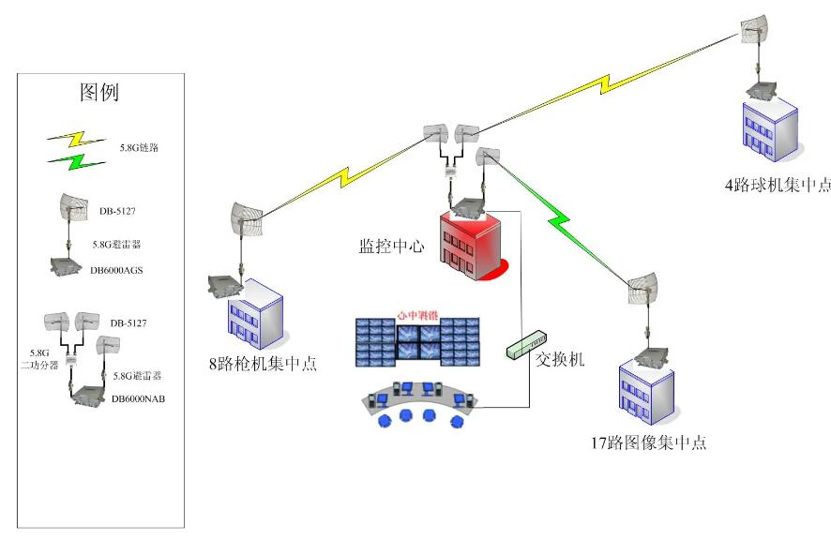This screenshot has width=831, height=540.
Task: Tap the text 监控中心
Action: point(389,247)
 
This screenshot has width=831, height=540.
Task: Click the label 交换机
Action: point(561,358)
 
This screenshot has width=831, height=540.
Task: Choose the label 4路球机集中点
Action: point(778,185)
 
